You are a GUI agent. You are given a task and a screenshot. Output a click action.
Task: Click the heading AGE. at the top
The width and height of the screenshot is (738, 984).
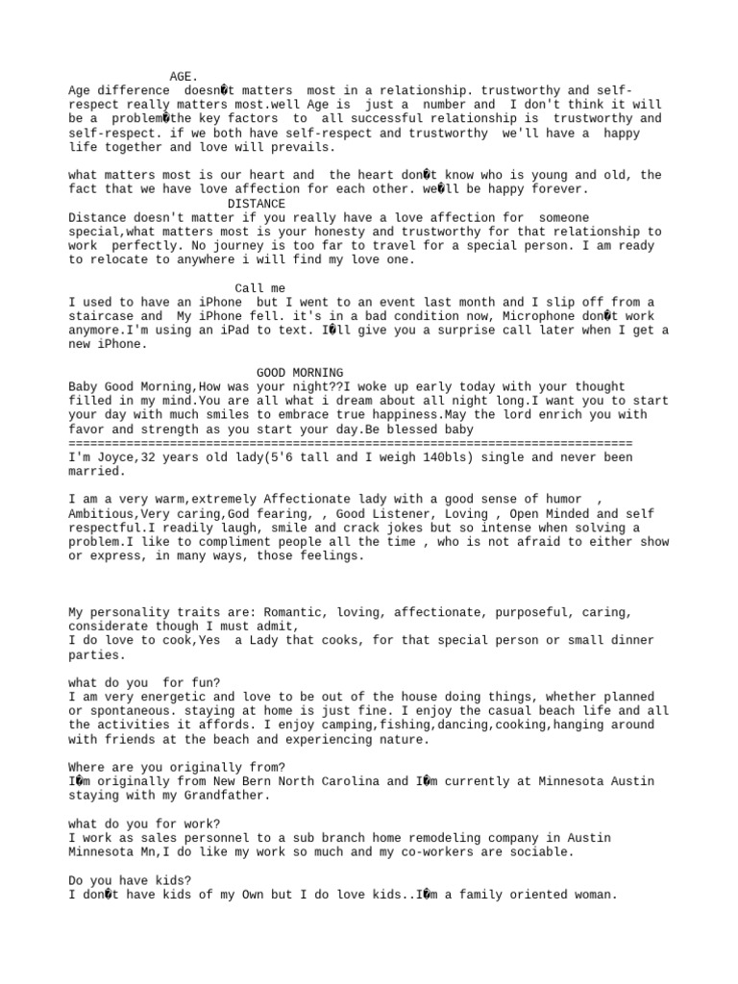(x=184, y=76)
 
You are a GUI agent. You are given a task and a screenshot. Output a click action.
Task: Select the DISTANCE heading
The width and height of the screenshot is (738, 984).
(x=257, y=204)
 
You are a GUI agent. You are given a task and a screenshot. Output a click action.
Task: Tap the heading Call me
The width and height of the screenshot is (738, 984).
(x=259, y=288)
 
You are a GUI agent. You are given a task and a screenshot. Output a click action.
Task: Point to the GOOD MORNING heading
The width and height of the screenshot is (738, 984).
(x=300, y=373)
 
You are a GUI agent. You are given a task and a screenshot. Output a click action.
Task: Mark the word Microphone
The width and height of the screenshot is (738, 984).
(x=526, y=316)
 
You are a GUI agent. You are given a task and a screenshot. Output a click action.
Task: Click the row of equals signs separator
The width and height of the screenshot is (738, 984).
(x=351, y=443)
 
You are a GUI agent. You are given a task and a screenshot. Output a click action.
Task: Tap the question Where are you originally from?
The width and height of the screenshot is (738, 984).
(x=177, y=767)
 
